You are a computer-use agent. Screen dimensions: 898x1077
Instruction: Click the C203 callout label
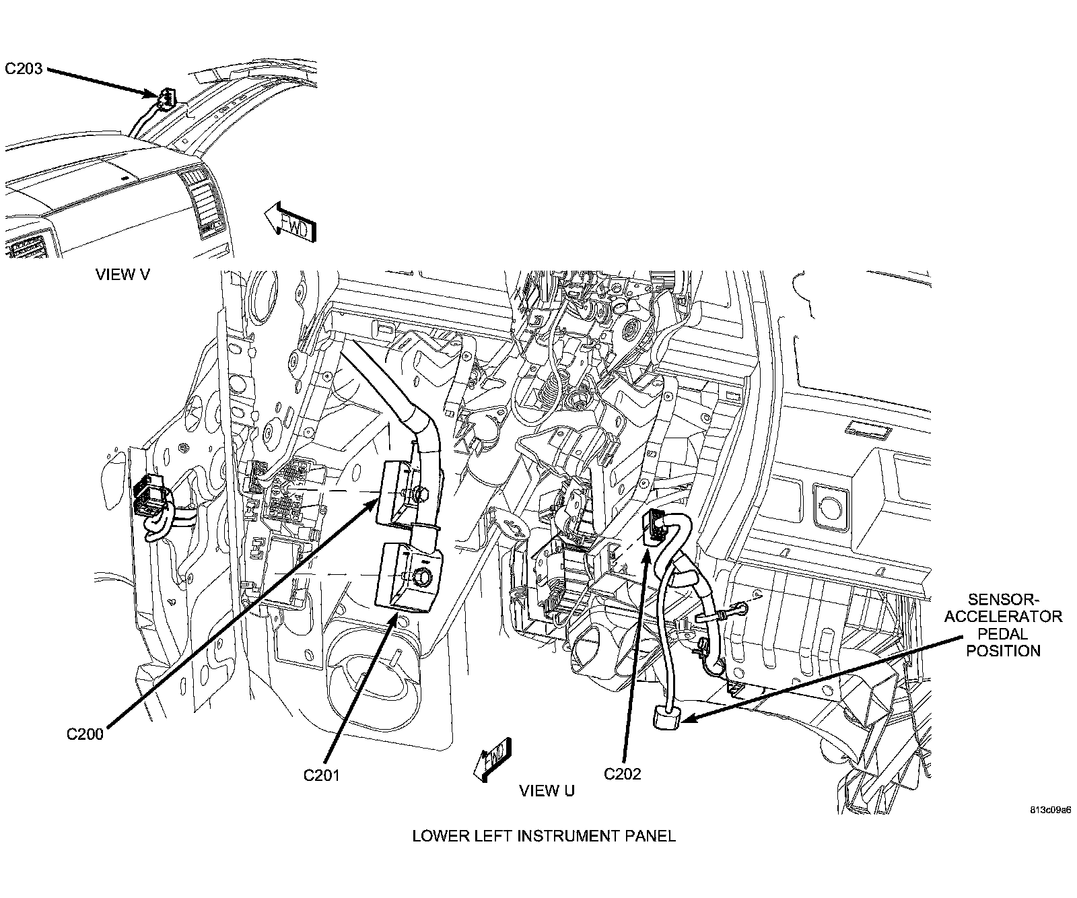[x=24, y=69]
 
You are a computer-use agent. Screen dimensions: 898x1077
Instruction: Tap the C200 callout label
[x=85, y=734]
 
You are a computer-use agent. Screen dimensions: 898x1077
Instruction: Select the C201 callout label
[x=322, y=775]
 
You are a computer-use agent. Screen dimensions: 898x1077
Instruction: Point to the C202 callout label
[x=623, y=773]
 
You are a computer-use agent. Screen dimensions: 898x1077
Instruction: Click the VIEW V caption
[x=123, y=274]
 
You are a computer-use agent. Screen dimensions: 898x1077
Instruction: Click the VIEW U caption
[x=547, y=790]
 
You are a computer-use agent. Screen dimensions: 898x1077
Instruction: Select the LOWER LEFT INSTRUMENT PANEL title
[x=543, y=836]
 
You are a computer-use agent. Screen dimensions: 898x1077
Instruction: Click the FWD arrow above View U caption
[x=493, y=759]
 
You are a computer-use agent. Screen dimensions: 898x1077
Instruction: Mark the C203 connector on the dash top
[x=164, y=100]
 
